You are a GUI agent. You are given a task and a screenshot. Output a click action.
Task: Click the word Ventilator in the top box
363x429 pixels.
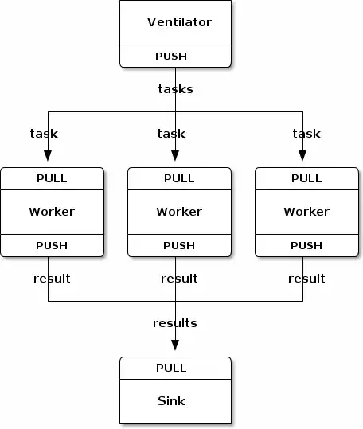179,22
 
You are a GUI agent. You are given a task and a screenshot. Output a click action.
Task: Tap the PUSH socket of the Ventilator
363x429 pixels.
175,57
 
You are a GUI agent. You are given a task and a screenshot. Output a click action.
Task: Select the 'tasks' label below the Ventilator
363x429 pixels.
175,88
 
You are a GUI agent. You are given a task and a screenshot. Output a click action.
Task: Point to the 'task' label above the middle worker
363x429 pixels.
171,133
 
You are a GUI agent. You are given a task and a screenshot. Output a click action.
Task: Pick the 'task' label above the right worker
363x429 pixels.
306,133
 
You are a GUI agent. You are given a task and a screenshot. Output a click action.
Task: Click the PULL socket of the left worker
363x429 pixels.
52,178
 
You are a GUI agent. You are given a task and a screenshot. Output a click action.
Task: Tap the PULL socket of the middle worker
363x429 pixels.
179,178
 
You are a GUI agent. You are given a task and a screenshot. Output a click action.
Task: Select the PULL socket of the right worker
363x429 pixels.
306,178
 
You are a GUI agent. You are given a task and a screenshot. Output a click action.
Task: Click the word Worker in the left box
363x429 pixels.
52,212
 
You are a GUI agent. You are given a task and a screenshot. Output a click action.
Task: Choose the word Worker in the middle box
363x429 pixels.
179,212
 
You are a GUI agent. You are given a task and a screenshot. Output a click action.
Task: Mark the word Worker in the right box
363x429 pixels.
306,212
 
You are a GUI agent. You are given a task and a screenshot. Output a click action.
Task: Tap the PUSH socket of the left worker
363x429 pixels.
52,246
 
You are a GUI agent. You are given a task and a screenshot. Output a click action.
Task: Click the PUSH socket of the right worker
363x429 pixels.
306,246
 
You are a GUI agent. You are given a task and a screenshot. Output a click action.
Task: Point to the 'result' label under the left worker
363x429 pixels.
52,278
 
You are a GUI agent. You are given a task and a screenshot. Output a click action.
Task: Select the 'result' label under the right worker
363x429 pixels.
306,278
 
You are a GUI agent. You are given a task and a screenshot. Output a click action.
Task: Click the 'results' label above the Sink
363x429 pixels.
175,323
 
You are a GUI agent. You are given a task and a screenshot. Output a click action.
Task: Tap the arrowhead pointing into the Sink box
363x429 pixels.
175,345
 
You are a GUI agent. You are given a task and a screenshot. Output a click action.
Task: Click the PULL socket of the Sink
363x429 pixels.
171,368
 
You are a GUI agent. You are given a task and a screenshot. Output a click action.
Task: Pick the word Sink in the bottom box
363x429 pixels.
171,401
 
